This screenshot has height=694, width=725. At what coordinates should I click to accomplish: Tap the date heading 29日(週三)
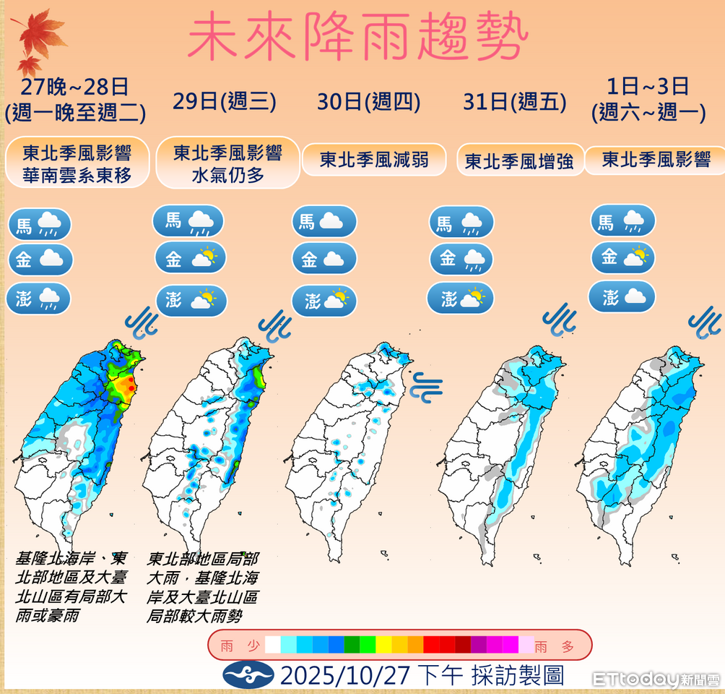[225, 101]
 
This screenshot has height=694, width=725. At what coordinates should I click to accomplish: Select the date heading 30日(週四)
[368, 101]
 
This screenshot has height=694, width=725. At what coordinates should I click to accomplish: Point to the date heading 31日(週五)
[514, 101]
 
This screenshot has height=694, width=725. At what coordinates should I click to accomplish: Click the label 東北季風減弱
[374, 159]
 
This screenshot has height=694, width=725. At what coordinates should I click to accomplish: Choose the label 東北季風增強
[519, 160]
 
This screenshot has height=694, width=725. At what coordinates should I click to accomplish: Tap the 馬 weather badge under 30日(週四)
[324, 221]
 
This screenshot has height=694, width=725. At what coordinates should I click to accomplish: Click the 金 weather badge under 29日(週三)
[190, 258]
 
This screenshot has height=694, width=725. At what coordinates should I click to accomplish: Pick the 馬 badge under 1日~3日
[622, 220]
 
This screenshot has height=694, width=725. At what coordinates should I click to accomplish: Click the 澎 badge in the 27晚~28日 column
[39, 299]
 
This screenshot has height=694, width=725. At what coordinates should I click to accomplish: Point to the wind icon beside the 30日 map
[426, 386]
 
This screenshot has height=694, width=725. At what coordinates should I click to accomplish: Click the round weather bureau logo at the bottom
[248, 675]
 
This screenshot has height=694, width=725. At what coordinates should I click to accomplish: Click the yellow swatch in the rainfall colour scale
[383, 645]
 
